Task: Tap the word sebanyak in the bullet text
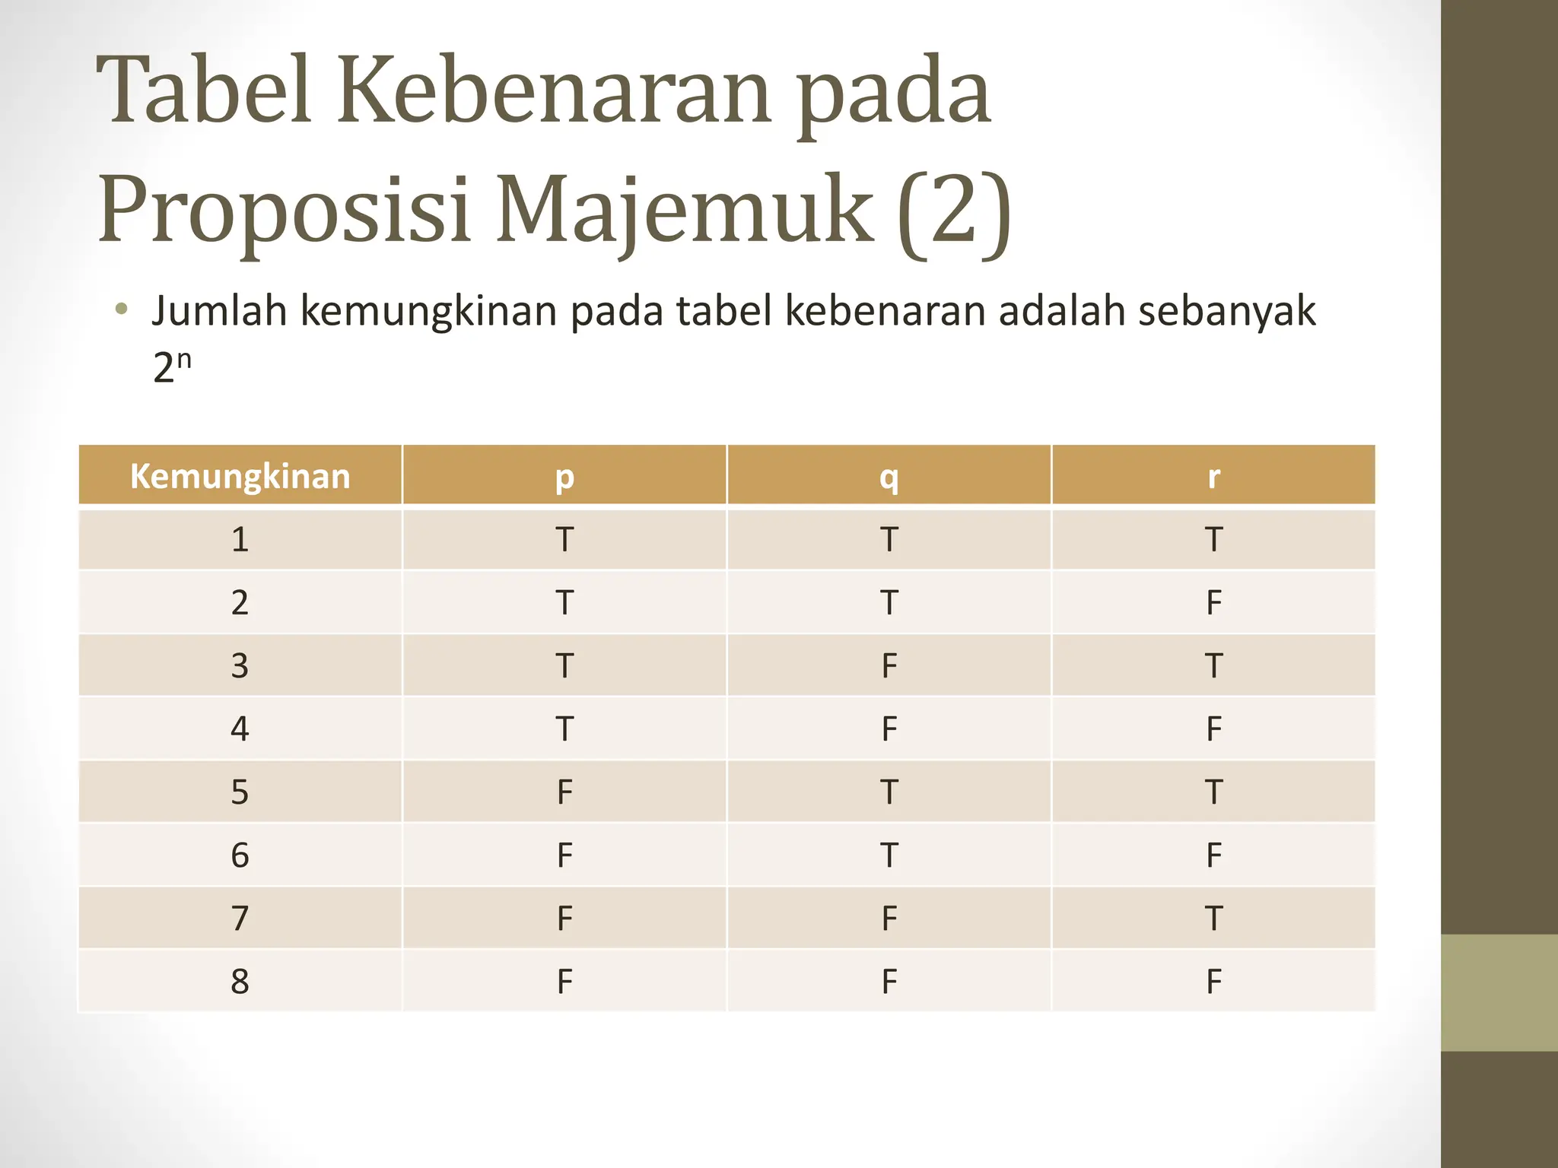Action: coord(1226,311)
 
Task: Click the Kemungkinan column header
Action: coord(240,477)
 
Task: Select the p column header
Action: coord(564,477)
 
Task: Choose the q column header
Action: coord(889,477)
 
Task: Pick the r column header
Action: coord(1213,477)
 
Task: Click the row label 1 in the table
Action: coord(240,540)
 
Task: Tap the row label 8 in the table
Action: coord(240,982)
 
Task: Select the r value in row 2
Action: coord(1213,603)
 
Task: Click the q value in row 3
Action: coord(889,666)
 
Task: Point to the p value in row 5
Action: coord(564,792)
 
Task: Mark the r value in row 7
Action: coord(1213,919)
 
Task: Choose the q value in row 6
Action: coord(889,855)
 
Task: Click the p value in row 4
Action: coord(564,729)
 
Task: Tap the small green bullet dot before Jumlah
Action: coord(121,309)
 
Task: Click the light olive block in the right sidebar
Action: coord(1499,992)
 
